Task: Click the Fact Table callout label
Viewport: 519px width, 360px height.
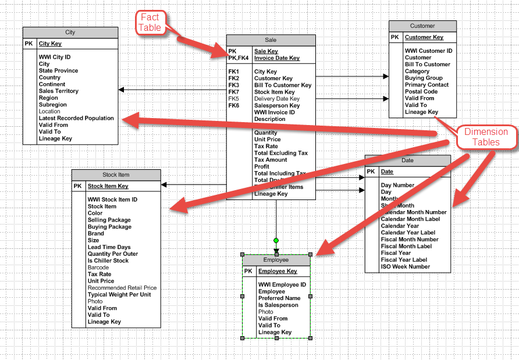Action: pos(150,23)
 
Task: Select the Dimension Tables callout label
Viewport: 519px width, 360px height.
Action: pos(486,137)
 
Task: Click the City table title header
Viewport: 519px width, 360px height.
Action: pos(70,33)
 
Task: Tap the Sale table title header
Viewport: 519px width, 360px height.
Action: pos(271,40)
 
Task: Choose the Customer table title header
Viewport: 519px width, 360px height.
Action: pos(422,26)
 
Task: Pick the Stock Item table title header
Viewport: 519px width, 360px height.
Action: pos(116,174)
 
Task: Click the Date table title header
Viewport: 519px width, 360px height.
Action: pos(408,160)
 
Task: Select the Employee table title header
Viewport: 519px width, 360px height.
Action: pos(276,260)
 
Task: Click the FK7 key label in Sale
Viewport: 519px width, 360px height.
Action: pos(234,92)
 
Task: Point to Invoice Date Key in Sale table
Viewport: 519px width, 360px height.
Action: pos(277,58)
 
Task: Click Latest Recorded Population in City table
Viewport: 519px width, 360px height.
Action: pos(76,118)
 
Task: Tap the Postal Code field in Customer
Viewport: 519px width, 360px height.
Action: pos(421,91)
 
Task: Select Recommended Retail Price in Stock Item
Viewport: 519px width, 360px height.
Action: pos(122,288)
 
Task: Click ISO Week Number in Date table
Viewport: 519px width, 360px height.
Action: pos(406,266)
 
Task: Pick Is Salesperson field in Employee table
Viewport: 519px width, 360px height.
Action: pos(278,305)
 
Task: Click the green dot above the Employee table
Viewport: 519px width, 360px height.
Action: pos(276,240)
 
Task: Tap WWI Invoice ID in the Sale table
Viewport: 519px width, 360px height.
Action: pos(275,112)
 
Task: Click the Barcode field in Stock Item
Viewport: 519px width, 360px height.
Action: pos(98,268)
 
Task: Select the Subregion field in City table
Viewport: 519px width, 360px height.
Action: pos(53,105)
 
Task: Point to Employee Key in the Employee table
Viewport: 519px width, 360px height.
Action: pos(278,271)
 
